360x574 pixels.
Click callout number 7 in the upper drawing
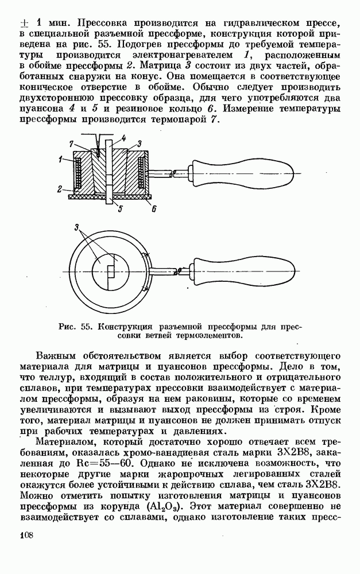71,143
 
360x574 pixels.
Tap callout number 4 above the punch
123,138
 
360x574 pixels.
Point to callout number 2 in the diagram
60,187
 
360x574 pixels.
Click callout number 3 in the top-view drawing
76,228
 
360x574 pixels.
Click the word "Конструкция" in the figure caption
124,327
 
